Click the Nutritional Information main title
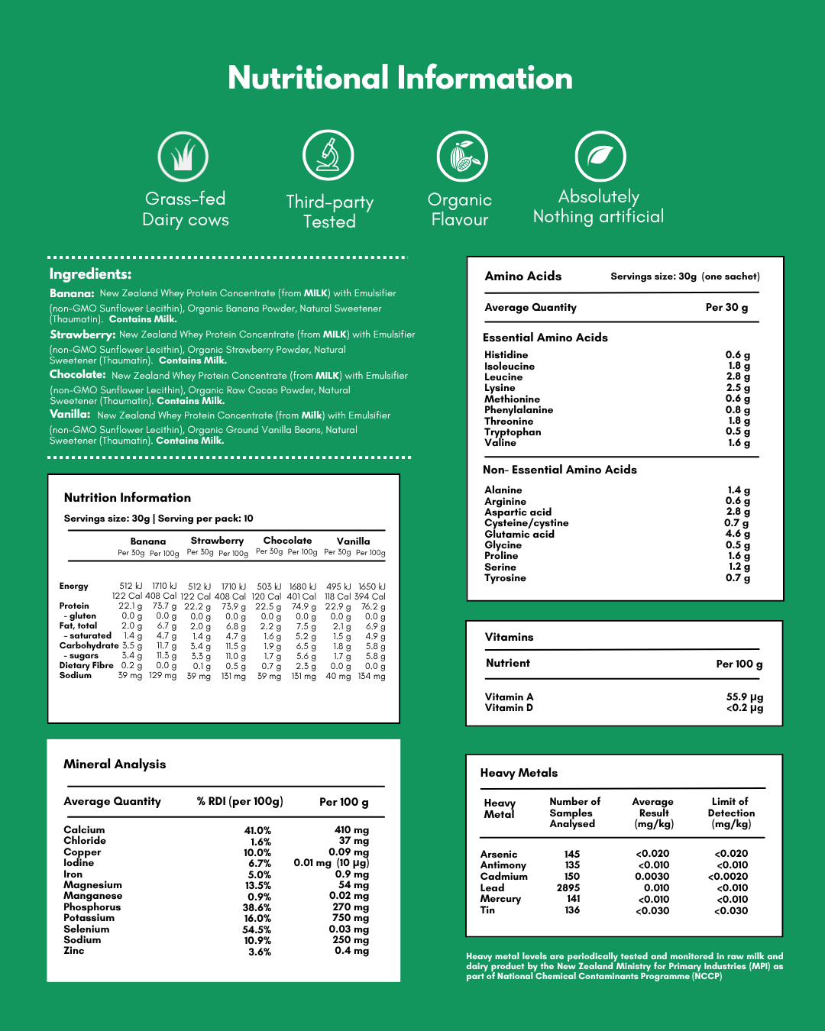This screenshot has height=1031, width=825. coord(400,78)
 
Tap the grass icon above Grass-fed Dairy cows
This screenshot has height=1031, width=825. coord(183,156)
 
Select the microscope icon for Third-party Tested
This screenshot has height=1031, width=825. coord(328,155)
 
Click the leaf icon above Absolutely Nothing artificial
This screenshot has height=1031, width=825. coord(600,156)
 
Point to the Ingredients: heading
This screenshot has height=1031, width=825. coord(90,274)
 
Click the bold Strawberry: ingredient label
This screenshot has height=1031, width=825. coord(82,335)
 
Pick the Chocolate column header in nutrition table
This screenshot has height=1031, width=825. coord(287,541)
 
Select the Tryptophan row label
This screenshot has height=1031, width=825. coord(513,432)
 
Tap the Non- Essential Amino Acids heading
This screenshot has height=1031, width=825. coord(560,470)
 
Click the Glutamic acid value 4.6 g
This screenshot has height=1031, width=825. coord(738,534)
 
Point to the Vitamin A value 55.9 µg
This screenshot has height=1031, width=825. coord(745,697)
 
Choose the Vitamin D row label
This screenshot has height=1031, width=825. coord(509,708)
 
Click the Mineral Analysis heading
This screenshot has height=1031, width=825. coord(115,764)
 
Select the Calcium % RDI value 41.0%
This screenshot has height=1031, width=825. coord(257,831)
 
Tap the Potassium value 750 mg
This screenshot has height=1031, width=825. coord(351,918)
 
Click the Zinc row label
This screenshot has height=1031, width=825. coord(74,951)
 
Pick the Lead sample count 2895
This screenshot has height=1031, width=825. coord(568,888)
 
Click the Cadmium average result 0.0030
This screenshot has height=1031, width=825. coord(652,877)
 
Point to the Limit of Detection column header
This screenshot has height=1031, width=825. coord(731,813)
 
